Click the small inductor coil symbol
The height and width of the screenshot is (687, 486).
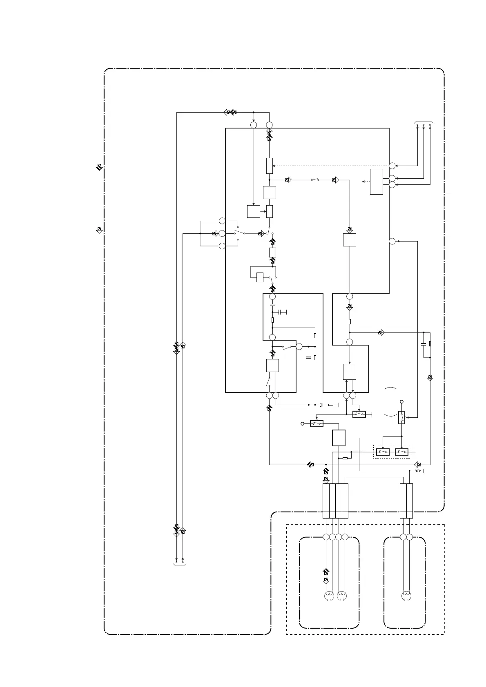(418, 471)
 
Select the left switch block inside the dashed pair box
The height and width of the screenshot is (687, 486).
(383, 452)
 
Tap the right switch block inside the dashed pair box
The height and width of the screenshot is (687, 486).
(402, 452)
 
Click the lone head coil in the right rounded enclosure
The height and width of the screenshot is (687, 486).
(406, 596)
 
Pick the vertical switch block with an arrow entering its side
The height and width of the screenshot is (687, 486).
(402, 417)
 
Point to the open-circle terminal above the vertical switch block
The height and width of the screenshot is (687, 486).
(402, 402)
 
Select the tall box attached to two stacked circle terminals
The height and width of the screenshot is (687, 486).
(377, 182)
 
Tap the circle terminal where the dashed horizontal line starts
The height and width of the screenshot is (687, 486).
(392, 166)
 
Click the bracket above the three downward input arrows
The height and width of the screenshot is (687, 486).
(424, 122)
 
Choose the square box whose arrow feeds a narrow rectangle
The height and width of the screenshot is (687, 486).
(254, 212)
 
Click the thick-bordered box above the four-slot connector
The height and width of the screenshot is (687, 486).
(339, 438)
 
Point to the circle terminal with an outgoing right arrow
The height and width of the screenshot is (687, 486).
(392, 241)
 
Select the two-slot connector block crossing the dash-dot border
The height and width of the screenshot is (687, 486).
(406, 501)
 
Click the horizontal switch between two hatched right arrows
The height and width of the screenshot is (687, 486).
(315, 180)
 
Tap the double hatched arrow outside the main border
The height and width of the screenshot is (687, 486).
(99, 167)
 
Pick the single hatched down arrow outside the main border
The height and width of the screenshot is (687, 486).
(99, 230)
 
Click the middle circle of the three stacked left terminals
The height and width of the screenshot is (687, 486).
(222, 233)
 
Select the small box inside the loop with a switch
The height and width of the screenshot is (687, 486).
(260, 277)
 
